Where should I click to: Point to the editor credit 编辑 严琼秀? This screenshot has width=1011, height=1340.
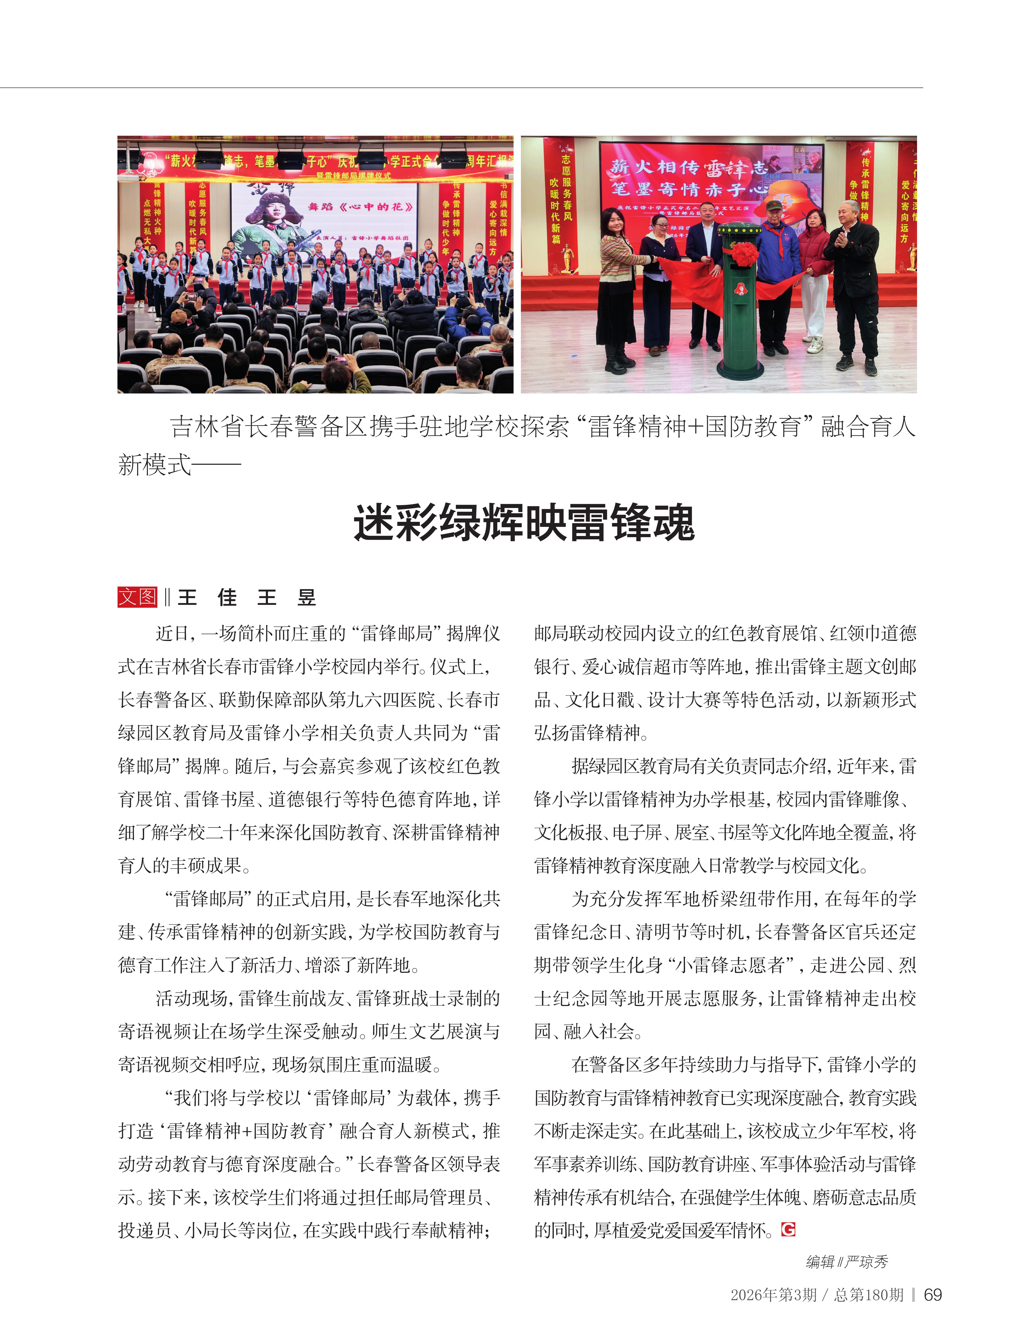tap(847, 1262)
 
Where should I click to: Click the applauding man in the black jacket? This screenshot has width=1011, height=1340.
tap(854, 279)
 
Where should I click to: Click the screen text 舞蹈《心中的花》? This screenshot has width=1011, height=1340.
tap(360, 207)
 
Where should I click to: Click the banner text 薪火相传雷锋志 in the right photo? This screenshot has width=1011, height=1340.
tap(688, 167)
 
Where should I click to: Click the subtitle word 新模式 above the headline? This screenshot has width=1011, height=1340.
tap(154, 465)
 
